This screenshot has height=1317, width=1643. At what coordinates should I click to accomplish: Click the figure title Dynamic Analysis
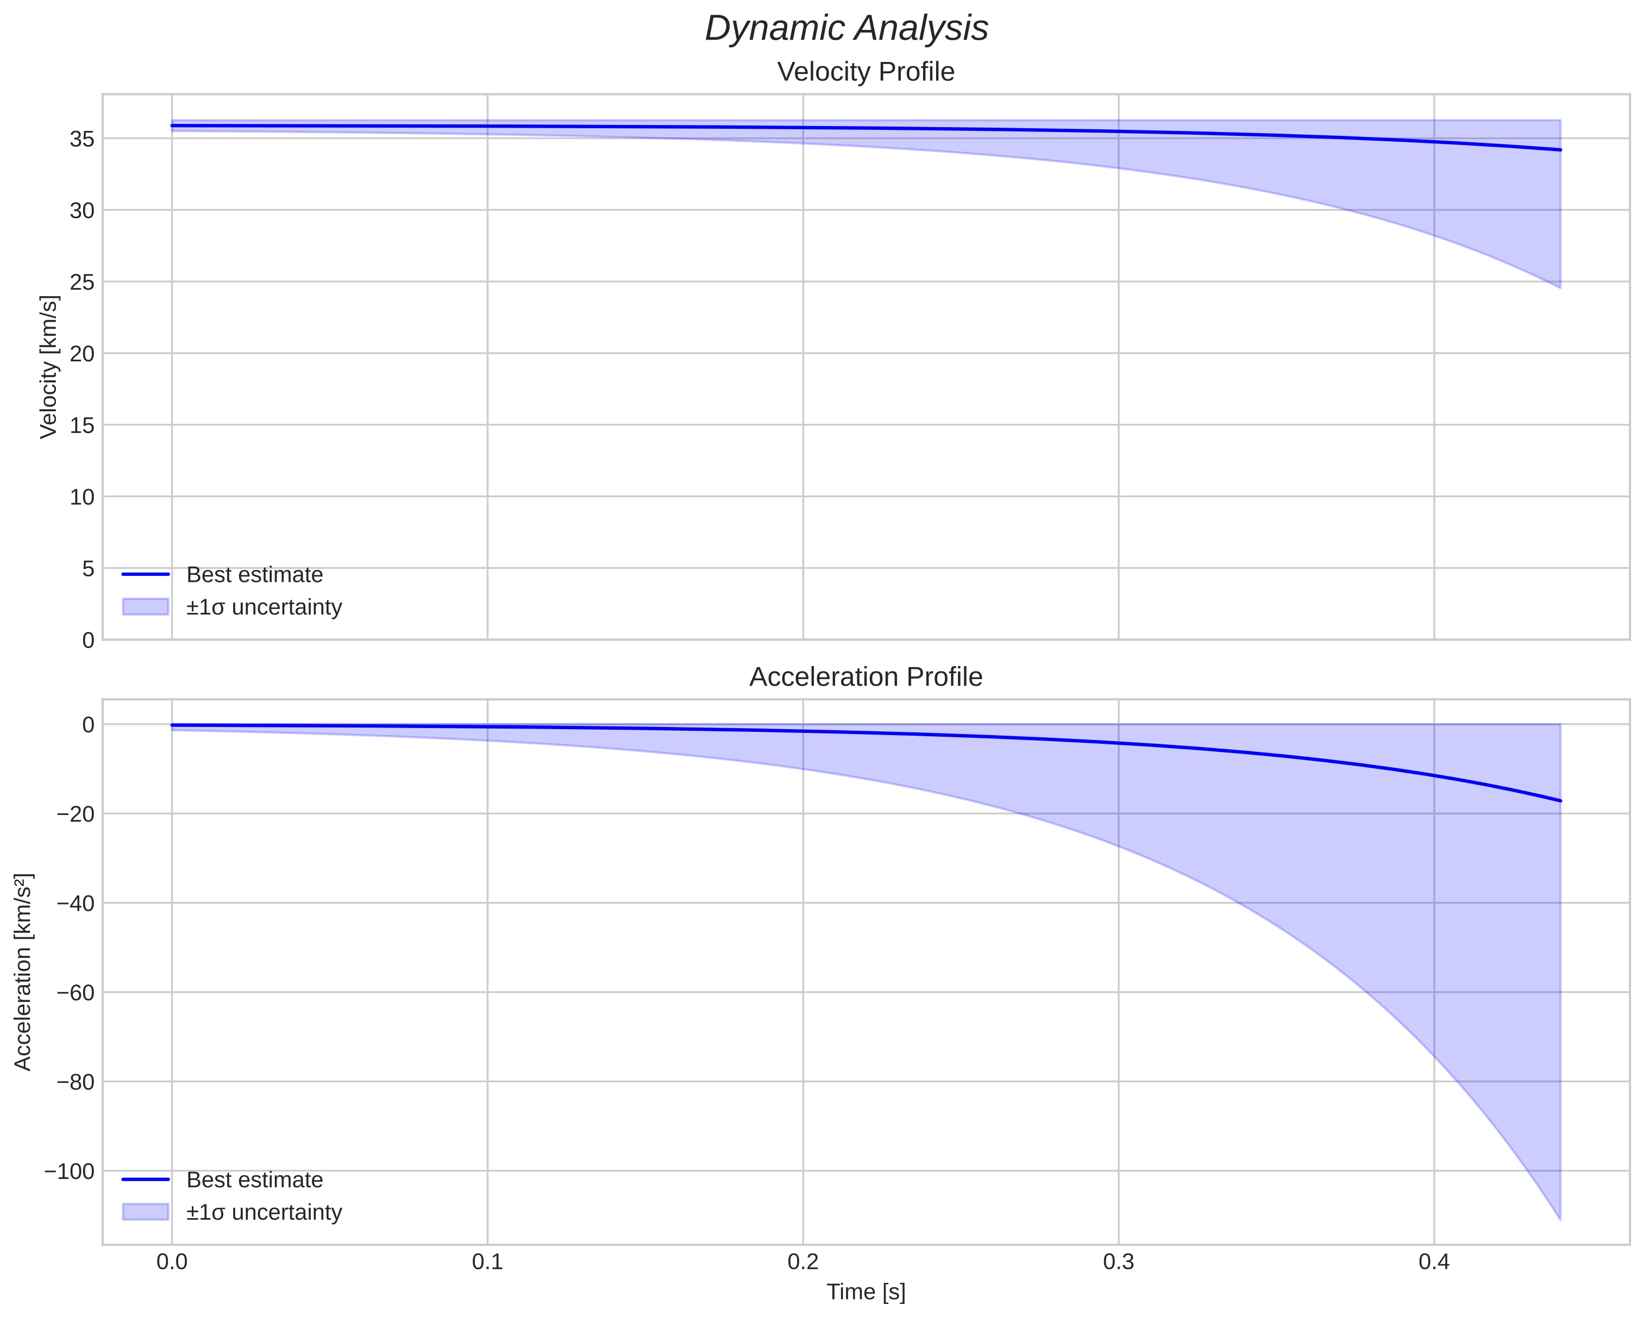pyautogui.click(x=846, y=29)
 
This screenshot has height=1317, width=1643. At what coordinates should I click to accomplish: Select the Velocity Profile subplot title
pyautogui.click(x=866, y=72)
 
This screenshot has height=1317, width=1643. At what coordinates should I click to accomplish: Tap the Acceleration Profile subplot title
pyautogui.click(x=866, y=677)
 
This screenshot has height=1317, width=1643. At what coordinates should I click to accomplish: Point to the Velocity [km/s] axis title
pyautogui.click(x=49, y=367)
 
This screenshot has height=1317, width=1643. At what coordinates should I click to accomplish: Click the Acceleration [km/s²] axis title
pyautogui.click(x=23, y=972)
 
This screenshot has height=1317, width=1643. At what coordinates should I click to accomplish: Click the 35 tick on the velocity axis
pyautogui.click(x=82, y=139)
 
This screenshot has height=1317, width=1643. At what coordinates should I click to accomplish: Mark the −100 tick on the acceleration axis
pyautogui.click(x=70, y=1171)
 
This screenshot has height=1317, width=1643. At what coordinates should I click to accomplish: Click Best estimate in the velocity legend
pyautogui.click(x=254, y=575)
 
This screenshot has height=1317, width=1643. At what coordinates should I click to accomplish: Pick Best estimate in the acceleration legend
pyautogui.click(x=254, y=1180)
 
